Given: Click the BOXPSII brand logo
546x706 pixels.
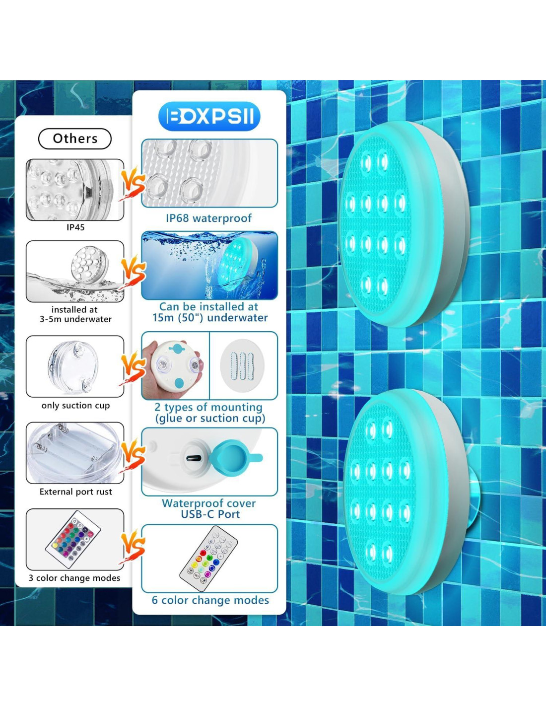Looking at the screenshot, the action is (209, 116).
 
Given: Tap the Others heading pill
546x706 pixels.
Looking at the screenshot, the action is (75, 139).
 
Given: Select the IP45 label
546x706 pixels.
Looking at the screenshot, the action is (75, 227).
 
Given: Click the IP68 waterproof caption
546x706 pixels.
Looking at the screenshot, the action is (209, 218).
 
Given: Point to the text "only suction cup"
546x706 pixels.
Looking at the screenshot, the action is (75, 406).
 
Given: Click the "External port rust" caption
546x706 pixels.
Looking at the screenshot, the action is (75, 492).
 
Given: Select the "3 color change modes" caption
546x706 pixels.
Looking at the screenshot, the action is (74, 578).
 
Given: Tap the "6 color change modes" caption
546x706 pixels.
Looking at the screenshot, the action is (210, 600).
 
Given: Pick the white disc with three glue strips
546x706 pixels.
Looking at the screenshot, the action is (242, 365).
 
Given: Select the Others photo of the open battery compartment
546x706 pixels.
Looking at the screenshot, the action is (75, 453).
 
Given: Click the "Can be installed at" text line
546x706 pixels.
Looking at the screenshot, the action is (208, 306).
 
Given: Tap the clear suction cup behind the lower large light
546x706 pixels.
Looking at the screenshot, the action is (472, 494).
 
